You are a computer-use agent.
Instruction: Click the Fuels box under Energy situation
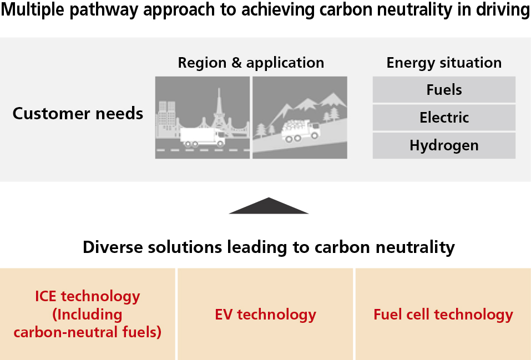click(444, 90)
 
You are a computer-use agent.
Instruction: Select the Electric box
click(444, 118)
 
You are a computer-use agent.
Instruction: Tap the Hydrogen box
click(444, 146)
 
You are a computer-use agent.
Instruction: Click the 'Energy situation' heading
click(444, 63)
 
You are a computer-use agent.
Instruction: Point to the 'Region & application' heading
click(251, 63)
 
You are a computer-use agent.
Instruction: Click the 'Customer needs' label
click(78, 114)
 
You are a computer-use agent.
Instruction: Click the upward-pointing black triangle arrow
click(269, 206)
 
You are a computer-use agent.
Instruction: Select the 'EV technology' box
click(265, 315)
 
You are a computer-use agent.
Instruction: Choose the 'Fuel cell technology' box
click(443, 315)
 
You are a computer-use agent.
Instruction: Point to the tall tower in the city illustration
click(218, 108)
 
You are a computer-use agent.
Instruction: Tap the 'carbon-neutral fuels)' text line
click(87, 332)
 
